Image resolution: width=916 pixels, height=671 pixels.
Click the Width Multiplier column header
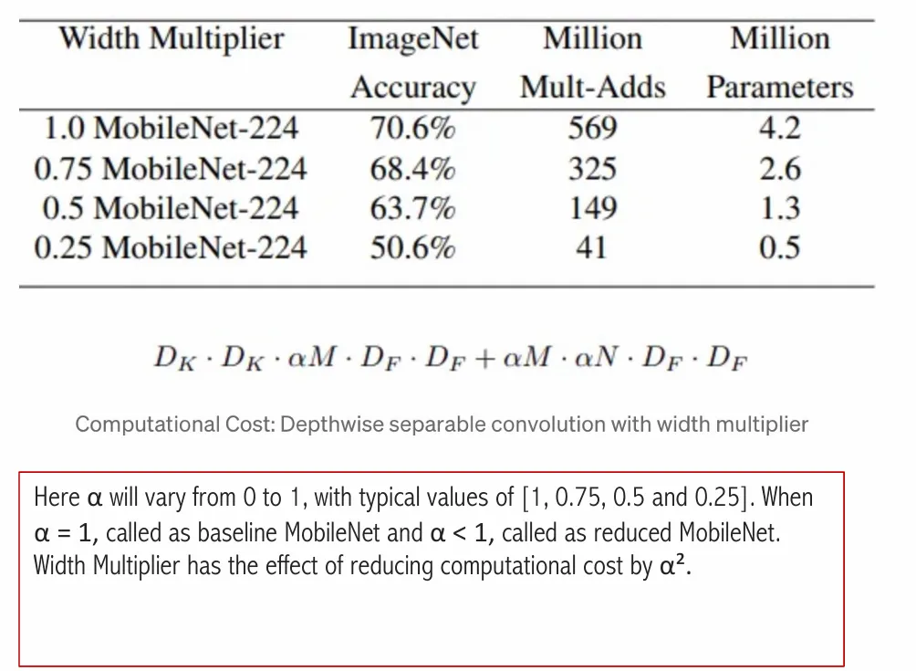(171, 39)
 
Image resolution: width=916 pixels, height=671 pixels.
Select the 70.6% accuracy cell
(412, 129)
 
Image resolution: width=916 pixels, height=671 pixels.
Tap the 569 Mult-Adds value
(592, 129)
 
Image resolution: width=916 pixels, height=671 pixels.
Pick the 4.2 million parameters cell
(779, 129)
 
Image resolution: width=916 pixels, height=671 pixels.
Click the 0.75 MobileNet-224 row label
(171, 169)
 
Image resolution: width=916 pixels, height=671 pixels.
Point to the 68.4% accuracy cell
(412, 169)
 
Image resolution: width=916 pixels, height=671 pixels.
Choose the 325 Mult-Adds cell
(592, 169)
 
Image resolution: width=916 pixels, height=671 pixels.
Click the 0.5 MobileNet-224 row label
(171, 208)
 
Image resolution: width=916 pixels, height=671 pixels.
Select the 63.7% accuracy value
(412, 208)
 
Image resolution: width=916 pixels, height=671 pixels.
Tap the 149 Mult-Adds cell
(592, 208)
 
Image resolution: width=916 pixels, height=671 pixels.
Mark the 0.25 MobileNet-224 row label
(171, 247)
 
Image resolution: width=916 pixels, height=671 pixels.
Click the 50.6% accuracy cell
(412, 247)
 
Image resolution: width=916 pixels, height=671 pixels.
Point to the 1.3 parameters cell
(779, 208)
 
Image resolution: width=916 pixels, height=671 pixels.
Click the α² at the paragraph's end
(672, 566)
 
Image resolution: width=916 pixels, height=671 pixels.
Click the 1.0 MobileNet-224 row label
(171, 129)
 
